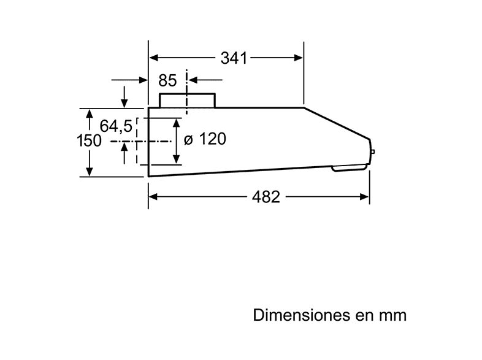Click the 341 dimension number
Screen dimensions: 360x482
click(233, 58)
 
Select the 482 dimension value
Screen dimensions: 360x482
click(266, 197)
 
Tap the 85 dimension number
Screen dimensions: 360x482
click(167, 80)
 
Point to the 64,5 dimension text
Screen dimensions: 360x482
click(117, 126)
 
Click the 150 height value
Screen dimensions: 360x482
click(89, 141)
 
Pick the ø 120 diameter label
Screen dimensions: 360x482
click(205, 139)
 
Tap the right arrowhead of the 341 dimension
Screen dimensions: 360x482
click(299, 58)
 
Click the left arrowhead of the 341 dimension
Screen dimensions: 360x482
click(154, 58)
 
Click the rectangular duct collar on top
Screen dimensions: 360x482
click(187, 100)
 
